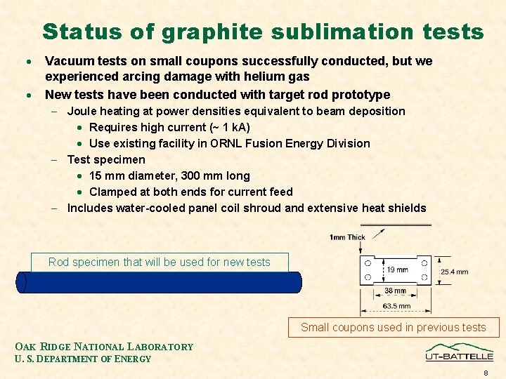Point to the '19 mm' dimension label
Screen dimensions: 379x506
pos(397,270)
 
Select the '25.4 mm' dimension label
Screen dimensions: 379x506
pos(454,272)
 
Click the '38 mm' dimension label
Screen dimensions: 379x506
pos(394,291)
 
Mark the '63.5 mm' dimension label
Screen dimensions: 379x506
pos(396,306)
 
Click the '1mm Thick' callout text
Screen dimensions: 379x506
pos(347,237)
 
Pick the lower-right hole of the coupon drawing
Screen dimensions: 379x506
pos(424,278)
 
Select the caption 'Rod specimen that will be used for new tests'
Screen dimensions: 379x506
pos(160,262)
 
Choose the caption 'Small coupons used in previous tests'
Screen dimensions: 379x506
pos(393,327)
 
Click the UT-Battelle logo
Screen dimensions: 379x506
pos(459,352)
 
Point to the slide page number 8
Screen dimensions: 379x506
pos(486,373)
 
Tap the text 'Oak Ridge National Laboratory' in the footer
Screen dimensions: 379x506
pos(104,347)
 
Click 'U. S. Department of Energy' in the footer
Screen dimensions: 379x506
pos(83,359)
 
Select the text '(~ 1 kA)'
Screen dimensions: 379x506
pos(228,127)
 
